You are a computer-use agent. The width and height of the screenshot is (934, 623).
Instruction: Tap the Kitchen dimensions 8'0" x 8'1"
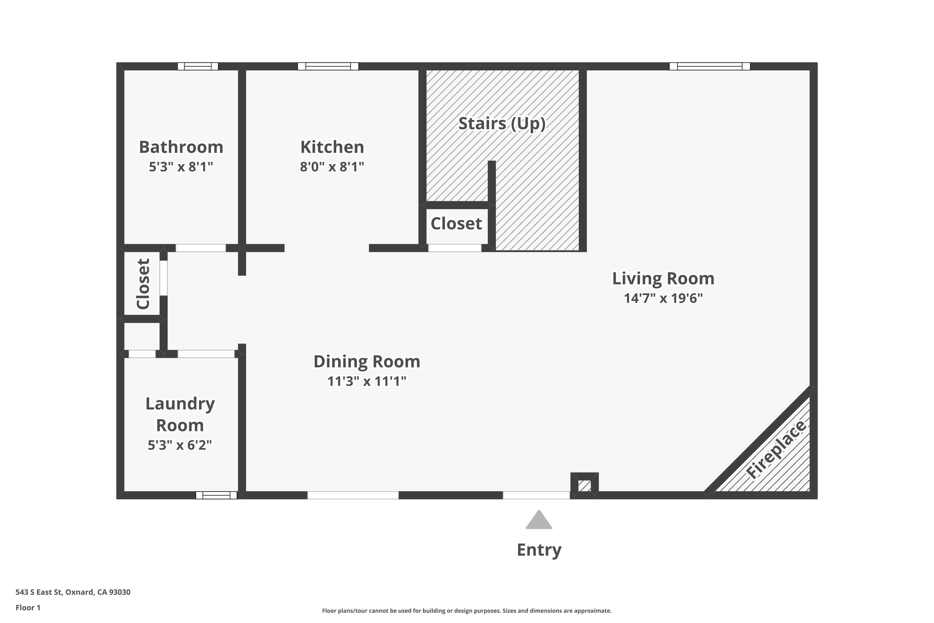click(332, 166)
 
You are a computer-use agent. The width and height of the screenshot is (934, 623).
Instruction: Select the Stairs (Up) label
click(502, 124)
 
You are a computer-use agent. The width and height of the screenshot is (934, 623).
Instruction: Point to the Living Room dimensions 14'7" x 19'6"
click(663, 298)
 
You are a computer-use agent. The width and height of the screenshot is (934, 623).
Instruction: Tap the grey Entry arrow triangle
click(539, 521)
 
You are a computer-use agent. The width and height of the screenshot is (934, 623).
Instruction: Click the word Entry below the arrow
click(539, 550)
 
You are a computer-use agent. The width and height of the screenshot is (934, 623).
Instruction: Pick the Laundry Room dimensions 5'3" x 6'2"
click(180, 445)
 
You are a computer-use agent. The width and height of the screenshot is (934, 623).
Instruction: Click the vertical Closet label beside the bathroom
click(143, 284)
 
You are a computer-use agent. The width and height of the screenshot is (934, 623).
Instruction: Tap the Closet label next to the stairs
click(456, 224)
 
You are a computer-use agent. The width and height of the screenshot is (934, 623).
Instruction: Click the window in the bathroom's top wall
click(198, 66)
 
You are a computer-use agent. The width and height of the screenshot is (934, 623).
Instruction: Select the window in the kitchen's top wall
click(328, 66)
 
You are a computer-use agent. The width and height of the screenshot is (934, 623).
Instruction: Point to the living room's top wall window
click(710, 66)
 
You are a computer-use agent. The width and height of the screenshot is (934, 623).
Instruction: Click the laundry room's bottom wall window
click(216, 495)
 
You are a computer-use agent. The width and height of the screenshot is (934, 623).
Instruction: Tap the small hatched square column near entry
click(584, 486)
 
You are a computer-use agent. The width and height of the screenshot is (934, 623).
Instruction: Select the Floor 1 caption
click(28, 607)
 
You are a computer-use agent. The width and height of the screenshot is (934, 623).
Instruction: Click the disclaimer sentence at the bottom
click(467, 611)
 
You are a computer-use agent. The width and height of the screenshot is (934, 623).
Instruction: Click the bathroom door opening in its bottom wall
click(201, 248)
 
